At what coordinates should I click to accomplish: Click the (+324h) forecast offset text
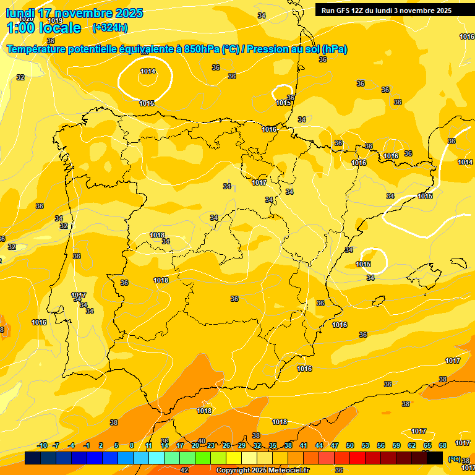[x=110, y=27]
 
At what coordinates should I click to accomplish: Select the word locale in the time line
[x=59, y=28]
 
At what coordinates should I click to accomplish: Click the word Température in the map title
[x=38, y=49]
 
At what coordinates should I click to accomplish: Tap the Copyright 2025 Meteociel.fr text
[x=262, y=471]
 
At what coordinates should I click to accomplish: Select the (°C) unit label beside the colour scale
[x=454, y=459]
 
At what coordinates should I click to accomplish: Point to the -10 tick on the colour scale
[x=42, y=445]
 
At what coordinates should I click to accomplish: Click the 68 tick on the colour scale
[x=443, y=445]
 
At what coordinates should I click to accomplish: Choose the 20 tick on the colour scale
[x=195, y=445]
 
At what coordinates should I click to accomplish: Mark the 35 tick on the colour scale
[x=273, y=445]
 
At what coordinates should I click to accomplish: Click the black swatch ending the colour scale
[x=435, y=458]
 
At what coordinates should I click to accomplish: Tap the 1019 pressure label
[x=55, y=20]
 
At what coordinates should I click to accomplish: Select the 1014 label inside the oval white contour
[x=147, y=71]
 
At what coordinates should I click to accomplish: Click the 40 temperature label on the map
[x=202, y=441]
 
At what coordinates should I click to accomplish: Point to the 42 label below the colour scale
[x=184, y=470]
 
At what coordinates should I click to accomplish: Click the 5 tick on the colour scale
[x=116, y=445]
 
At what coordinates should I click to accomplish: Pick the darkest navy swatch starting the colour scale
[x=33, y=458]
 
